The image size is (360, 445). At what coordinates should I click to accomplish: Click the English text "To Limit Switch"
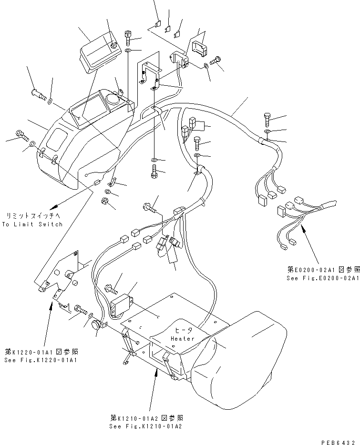click(x=32, y=224)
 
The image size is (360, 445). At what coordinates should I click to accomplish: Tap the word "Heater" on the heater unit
click(x=183, y=339)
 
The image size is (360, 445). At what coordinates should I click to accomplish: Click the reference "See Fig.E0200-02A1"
click(x=323, y=278)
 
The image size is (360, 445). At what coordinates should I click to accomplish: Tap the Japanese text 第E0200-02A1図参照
click(x=323, y=270)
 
